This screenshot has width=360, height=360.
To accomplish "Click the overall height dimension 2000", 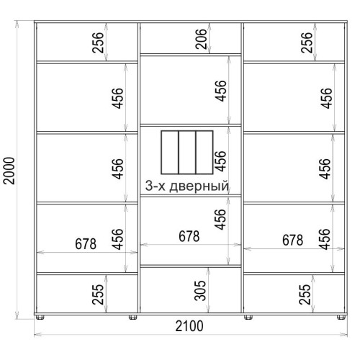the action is click(x=9, y=171).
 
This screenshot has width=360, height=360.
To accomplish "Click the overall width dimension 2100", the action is click(x=189, y=326).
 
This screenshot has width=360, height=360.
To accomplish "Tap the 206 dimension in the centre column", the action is click(x=201, y=39).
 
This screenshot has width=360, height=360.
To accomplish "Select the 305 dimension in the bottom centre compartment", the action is click(x=200, y=291).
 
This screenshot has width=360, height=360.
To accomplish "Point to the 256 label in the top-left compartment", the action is click(x=98, y=42).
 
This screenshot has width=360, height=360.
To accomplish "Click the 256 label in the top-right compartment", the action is click(x=307, y=42).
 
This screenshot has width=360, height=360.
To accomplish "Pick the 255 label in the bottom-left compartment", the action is click(x=98, y=294).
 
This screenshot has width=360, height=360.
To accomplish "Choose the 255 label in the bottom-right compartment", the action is click(x=305, y=294).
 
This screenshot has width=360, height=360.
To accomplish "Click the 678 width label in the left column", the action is click(x=86, y=244).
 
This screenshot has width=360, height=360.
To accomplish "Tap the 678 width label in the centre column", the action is click(x=189, y=236).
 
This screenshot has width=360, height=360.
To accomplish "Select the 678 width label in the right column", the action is click(x=292, y=240).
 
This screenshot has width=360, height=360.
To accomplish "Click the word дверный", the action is click(x=199, y=186).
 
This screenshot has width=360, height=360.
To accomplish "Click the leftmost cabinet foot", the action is click(x=40, y=318).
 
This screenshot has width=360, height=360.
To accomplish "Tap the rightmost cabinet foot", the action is click(x=341, y=318).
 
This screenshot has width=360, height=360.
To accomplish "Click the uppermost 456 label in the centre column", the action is click(x=220, y=91).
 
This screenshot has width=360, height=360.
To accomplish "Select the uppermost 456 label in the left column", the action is click(x=117, y=99).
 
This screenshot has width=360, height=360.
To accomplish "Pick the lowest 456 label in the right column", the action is click(x=325, y=239).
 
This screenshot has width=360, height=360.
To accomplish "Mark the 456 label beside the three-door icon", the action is click(x=220, y=161).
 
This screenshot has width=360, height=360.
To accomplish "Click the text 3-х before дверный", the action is click(x=156, y=186).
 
